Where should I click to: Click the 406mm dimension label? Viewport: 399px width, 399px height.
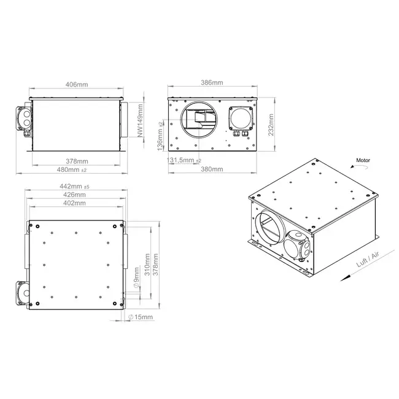tap(77, 84)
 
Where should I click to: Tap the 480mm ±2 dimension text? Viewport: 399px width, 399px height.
tap(71, 169)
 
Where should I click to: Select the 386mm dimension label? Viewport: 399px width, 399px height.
tap(212, 82)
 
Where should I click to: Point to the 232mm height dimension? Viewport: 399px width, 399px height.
tap(271, 125)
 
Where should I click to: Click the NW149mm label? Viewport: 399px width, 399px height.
tap(140, 120)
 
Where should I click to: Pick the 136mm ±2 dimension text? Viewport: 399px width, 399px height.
tap(160, 136)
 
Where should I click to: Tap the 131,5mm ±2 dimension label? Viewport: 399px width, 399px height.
tap(184, 160)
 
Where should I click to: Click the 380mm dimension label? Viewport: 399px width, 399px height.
tap(212, 169)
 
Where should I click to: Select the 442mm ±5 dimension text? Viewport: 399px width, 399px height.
tap(74, 186)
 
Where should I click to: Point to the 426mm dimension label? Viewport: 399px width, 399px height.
tap(74, 195)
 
